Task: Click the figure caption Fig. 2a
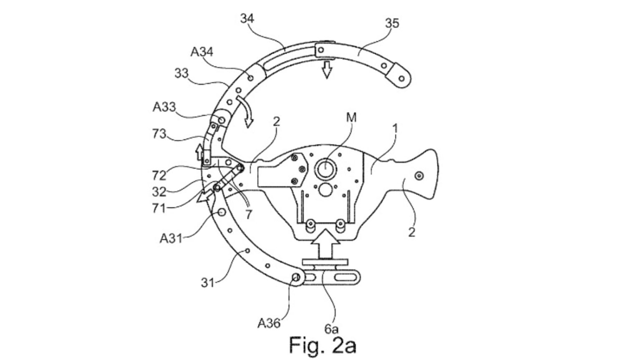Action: click(x=323, y=345)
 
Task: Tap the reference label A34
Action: click(x=202, y=52)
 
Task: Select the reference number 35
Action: click(x=391, y=23)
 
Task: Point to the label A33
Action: click(x=164, y=107)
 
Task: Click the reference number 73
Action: click(x=159, y=134)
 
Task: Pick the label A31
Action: click(x=172, y=239)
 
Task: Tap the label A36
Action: click(x=269, y=322)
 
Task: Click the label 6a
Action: click(x=332, y=329)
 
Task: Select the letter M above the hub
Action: click(x=351, y=118)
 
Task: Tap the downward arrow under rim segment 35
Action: click(x=327, y=69)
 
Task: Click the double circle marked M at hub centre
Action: click(x=325, y=170)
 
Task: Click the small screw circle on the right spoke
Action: click(x=419, y=176)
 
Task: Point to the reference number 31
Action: click(x=207, y=282)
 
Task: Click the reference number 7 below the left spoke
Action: click(x=249, y=214)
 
